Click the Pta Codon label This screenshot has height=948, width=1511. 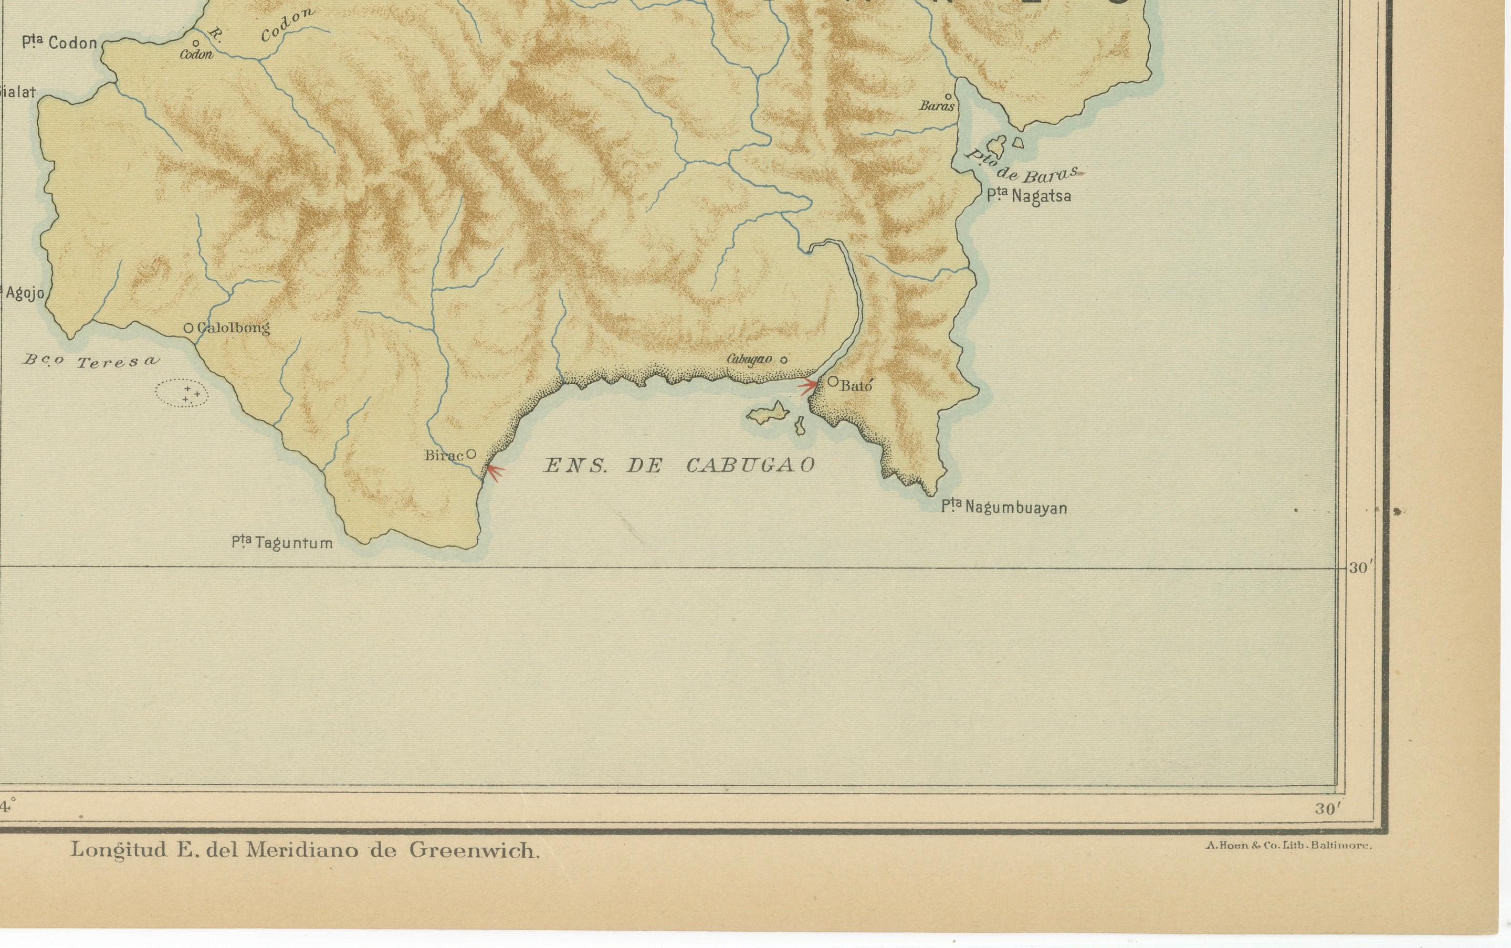pos(60,43)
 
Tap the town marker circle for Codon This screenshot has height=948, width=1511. pos(196,43)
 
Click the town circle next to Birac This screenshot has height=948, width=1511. pos(471,454)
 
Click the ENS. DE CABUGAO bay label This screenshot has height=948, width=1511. pos(679,465)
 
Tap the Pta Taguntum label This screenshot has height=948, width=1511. pos(282,543)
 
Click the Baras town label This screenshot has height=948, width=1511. pos(937,107)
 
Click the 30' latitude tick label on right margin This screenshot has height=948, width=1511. pos(1361,568)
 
